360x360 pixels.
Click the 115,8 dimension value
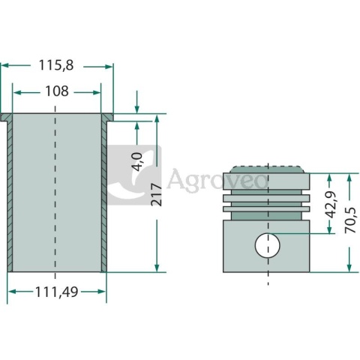tap(56, 65)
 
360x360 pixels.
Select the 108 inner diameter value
tap(57, 91)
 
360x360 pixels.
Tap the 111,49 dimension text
tap(57, 292)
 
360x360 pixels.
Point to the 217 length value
tap(157, 194)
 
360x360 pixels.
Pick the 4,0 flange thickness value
tap(137, 162)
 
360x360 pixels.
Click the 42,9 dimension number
tap(332, 205)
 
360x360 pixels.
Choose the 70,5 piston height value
tap(350, 220)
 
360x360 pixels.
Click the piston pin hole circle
tap(268, 245)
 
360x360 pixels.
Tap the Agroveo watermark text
tap(217, 179)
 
